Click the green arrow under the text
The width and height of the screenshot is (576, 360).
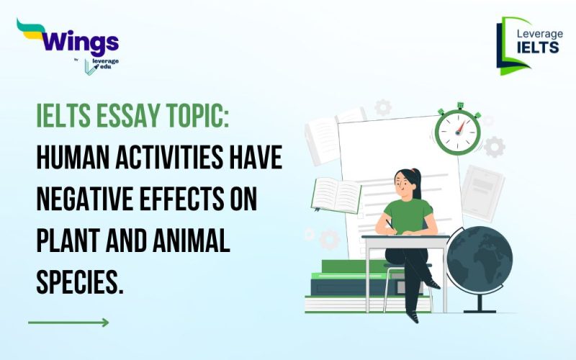(68, 322)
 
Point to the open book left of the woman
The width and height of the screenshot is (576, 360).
(337, 195)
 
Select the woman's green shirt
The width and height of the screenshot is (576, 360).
(408, 215)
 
